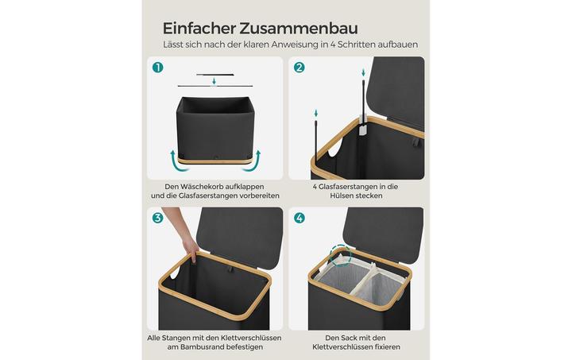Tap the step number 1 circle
(x=157, y=68)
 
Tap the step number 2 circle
(x=300, y=68)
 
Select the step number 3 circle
(x=157, y=218)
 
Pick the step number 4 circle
(x=300, y=218)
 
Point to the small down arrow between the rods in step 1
(x=214, y=80)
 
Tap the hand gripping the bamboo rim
(x=190, y=248)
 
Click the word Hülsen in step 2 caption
(x=342, y=195)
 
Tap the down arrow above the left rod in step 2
(x=316, y=113)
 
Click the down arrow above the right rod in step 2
(x=363, y=72)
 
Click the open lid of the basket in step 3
(x=241, y=234)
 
